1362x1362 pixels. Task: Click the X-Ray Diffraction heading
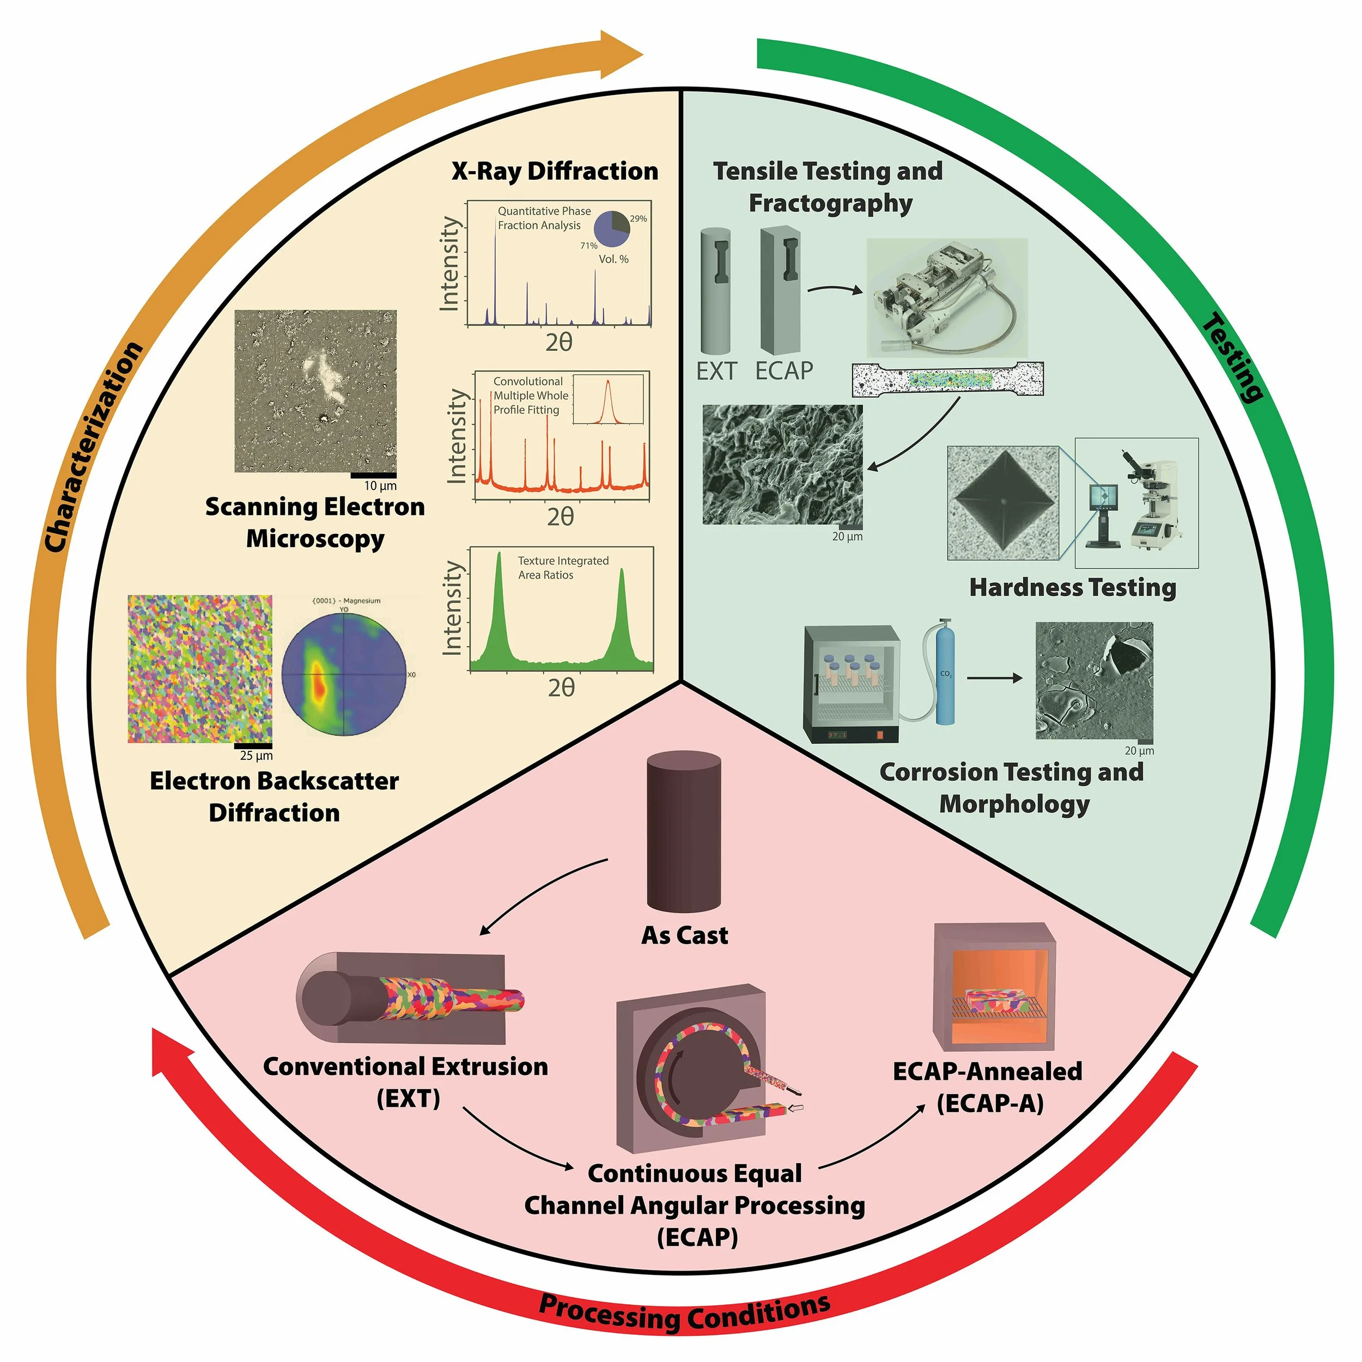pyautogui.click(x=555, y=171)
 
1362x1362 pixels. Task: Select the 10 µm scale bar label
pyautogui.click(x=380, y=486)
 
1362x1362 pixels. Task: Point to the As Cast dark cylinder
pyautogui.click(x=684, y=832)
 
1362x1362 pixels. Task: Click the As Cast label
pyautogui.click(x=684, y=935)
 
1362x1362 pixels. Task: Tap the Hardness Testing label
pyautogui.click(x=1072, y=587)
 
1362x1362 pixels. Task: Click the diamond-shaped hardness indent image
pyautogui.click(x=1002, y=503)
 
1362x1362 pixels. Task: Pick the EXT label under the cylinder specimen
pyautogui.click(x=716, y=371)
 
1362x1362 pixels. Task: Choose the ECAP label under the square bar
pyautogui.click(x=784, y=371)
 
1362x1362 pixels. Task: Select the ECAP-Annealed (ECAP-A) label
pyautogui.click(x=988, y=1086)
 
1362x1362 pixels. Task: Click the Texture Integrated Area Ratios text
pyautogui.click(x=563, y=568)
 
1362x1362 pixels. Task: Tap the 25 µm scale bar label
pyautogui.click(x=256, y=756)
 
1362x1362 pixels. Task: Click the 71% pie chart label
pyautogui.click(x=588, y=245)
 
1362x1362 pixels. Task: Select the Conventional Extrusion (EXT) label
pyautogui.click(x=406, y=1082)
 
